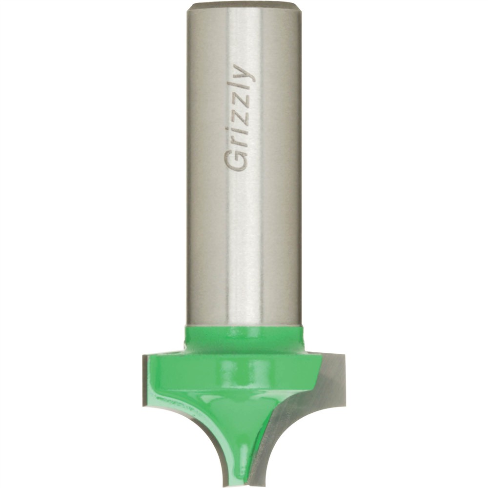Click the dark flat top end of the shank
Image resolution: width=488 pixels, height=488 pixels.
click(x=244, y=5)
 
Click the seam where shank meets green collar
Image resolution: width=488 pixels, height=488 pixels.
click(x=244, y=325)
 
